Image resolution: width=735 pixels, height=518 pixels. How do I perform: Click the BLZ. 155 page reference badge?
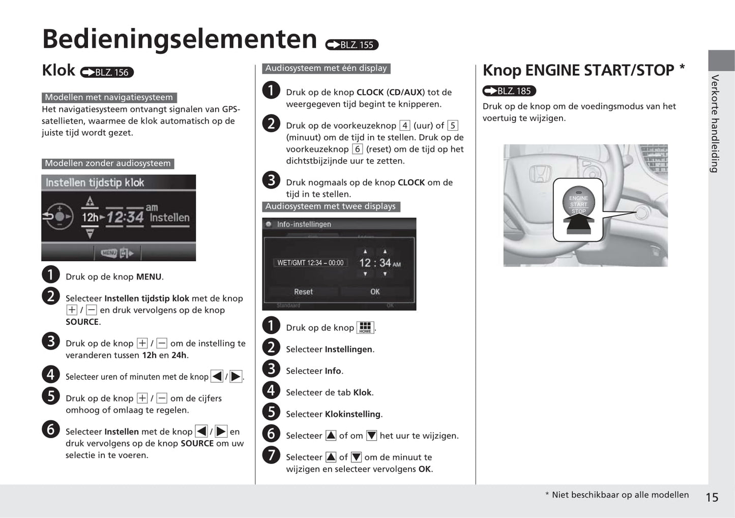click(352, 45)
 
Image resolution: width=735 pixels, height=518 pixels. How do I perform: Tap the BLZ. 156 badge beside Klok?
click(107, 72)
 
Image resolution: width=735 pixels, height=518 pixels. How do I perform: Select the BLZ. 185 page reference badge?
click(509, 91)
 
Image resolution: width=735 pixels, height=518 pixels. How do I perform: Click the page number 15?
click(712, 497)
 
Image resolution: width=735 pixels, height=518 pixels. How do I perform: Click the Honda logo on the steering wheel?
click(540, 173)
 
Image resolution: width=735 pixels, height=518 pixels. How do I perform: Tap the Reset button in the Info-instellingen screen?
click(303, 292)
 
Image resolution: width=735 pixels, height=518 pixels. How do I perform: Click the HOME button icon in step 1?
click(365, 328)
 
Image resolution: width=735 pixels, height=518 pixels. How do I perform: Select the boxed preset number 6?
click(357, 149)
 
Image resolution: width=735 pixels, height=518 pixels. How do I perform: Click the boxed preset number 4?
click(405, 126)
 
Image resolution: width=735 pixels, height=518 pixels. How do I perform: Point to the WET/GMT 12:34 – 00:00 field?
click(310, 263)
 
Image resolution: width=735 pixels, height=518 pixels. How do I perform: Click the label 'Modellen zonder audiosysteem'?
click(108, 163)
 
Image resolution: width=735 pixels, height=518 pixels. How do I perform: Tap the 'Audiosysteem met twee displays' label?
click(331, 206)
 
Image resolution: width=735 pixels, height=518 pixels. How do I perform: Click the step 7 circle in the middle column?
click(271, 455)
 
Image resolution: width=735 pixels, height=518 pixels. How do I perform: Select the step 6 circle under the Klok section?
click(50, 430)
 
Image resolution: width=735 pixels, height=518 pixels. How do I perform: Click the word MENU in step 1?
click(149, 277)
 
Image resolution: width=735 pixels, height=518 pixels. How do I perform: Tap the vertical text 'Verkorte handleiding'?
click(715, 124)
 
